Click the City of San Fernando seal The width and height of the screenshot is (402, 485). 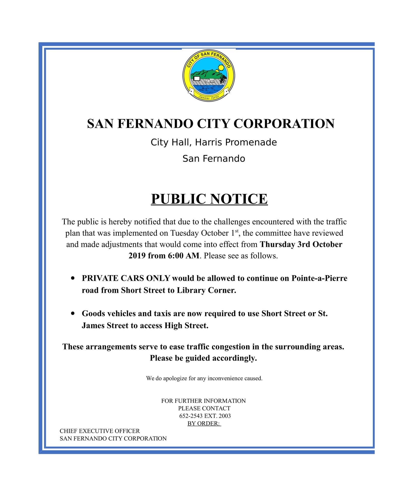[209, 75]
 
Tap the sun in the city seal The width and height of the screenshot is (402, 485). [221, 68]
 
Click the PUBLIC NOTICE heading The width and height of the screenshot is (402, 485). [209, 199]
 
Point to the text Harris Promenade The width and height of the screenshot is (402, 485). [236, 142]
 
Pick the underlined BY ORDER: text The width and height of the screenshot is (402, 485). [204, 424]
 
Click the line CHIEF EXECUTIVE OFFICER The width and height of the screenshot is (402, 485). [100, 431]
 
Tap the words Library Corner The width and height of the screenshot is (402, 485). [206, 290]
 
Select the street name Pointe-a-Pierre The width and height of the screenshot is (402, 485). [319, 278]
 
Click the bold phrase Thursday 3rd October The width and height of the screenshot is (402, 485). [301, 245]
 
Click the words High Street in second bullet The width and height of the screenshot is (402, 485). [186, 326]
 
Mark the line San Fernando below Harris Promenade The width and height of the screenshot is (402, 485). [214, 159]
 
